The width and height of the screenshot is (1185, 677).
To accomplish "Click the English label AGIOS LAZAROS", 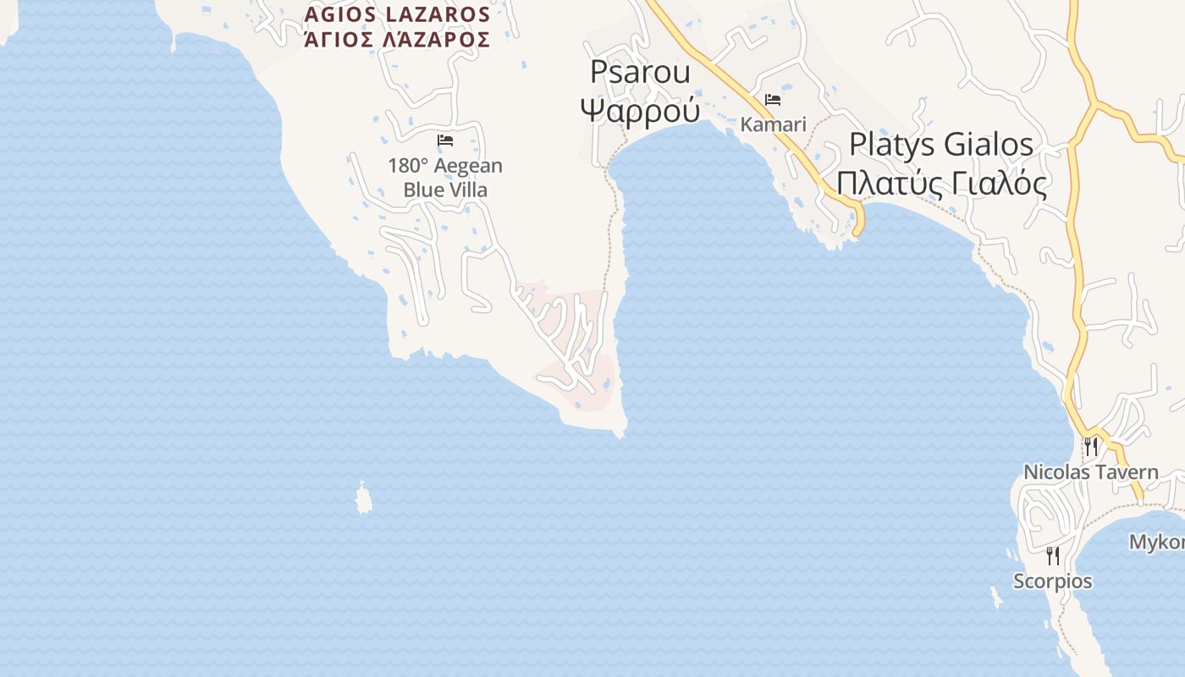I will [397, 14].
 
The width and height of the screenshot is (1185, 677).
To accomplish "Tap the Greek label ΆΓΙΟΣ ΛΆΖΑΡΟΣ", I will [397, 40].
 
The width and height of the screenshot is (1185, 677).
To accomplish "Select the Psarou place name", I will [640, 72].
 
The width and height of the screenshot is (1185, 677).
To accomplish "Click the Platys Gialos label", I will [940, 145].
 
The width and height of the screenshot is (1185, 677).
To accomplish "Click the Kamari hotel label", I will [773, 124].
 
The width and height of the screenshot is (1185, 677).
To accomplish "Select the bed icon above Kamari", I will [773, 100].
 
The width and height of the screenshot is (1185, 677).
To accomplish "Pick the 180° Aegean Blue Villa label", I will [445, 178].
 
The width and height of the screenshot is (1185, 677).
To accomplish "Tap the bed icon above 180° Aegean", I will [445, 140].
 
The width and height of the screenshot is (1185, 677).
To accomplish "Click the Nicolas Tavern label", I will [1090, 472].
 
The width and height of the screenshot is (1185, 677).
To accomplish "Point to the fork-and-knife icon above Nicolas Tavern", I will [1091, 446].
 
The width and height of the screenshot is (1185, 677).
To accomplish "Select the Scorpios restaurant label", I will [1053, 581].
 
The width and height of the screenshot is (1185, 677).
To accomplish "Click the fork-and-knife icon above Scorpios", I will [1053, 556].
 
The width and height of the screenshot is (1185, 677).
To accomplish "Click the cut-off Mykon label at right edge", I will [1157, 542].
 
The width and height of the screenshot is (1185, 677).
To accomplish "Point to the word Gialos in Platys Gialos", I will [989, 145].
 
